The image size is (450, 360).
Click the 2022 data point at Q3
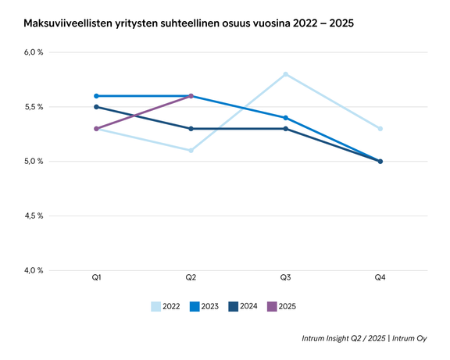[x=285, y=74]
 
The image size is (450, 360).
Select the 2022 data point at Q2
[x=191, y=150]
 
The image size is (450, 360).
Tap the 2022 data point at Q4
[x=380, y=128]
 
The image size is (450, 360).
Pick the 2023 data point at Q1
[x=95, y=96]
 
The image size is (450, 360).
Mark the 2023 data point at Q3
[x=285, y=118]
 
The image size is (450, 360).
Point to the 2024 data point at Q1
[x=95, y=107]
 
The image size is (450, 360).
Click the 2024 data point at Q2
[x=191, y=128]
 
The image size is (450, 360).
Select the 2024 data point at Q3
[x=285, y=128]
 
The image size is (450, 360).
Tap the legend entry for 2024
[x=243, y=307]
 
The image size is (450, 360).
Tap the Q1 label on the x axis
[x=95, y=278]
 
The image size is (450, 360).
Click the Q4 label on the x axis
[x=380, y=278]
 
